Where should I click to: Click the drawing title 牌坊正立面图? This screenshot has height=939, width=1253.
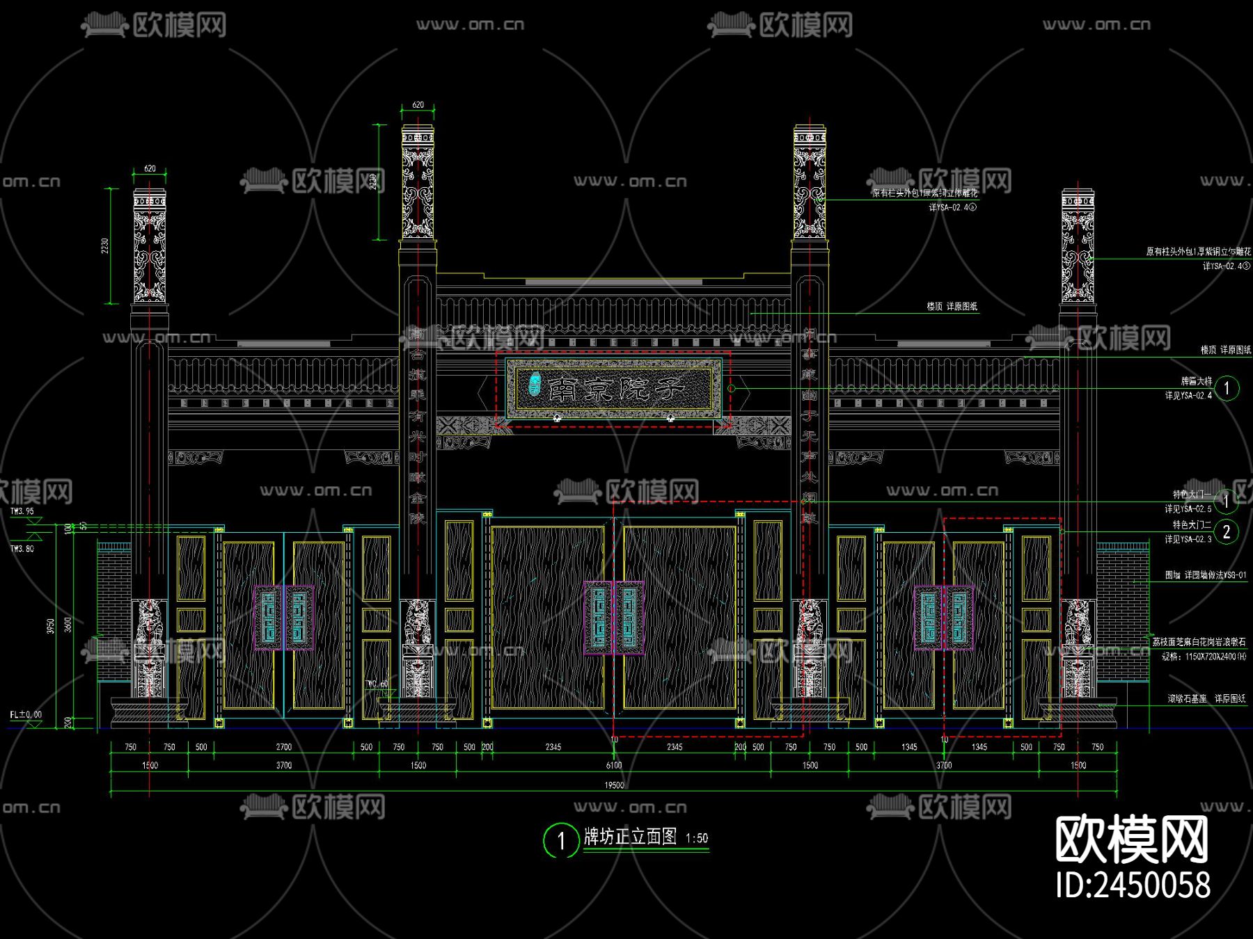pyautogui.click(x=630, y=837)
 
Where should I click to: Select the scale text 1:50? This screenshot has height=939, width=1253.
pyautogui.click(x=697, y=839)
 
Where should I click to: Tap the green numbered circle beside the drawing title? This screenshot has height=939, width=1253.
pyautogui.click(x=560, y=841)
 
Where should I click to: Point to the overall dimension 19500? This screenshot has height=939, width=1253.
pyautogui.click(x=614, y=785)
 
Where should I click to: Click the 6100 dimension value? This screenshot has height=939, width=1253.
pyautogui.click(x=613, y=766)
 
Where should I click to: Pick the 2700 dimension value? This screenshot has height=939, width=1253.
pyautogui.click(x=283, y=747)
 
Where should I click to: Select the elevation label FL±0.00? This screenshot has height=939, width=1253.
pyautogui.click(x=26, y=714)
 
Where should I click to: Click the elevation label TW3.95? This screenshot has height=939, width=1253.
pyautogui.click(x=22, y=511)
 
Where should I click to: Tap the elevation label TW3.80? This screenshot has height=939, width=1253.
pyautogui.click(x=22, y=549)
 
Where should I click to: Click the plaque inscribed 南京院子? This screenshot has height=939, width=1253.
pyautogui.click(x=613, y=388)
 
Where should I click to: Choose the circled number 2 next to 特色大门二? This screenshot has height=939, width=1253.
pyautogui.click(x=1227, y=532)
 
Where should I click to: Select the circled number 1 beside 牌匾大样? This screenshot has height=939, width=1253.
pyautogui.click(x=1227, y=388)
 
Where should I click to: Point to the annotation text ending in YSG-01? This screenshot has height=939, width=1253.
pyautogui.click(x=1206, y=575)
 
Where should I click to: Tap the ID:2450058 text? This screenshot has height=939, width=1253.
pyautogui.click(x=1133, y=885)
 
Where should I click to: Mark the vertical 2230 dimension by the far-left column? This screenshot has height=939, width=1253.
pyautogui.click(x=105, y=246)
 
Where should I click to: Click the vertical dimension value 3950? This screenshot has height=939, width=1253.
pyautogui.click(x=50, y=626)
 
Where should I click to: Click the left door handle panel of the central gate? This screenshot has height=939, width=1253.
pyautogui.click(x=598, y=618)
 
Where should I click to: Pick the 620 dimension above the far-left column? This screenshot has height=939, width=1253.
pyautogui.click(x=150, y=169)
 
